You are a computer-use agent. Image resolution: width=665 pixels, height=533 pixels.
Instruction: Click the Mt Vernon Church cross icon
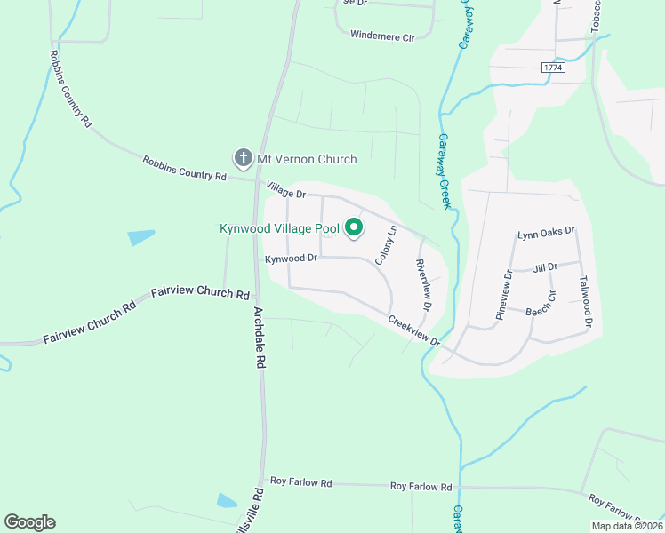[x=243, y=159]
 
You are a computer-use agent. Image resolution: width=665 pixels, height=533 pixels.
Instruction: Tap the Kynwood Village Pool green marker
[x=354, y=228]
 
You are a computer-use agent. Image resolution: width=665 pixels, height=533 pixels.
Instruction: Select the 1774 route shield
[x=553, y=68]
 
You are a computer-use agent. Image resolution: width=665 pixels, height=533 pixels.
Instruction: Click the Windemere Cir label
[x=383, y=36]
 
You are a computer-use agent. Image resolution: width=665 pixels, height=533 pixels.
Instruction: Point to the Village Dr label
[x=286, y=189]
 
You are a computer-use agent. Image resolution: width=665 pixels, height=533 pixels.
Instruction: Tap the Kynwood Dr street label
[x=291, y=259]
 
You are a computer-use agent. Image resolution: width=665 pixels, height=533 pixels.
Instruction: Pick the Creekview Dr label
[x=413, y=330]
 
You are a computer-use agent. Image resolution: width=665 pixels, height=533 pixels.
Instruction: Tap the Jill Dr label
[x=545, y=267]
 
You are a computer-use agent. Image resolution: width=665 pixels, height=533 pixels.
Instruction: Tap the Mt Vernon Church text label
[x=307, y=160]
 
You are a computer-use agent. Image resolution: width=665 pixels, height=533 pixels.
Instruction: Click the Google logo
[x=29, y=522]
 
